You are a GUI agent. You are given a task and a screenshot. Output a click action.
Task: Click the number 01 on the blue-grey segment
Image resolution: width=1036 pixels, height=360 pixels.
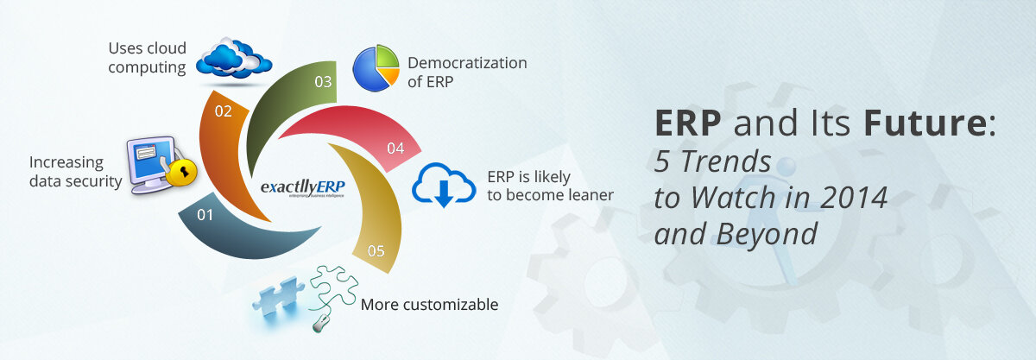(x=205, y=215)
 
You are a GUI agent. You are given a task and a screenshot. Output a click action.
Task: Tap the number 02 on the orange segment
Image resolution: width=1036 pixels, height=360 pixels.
(x=223, y=111)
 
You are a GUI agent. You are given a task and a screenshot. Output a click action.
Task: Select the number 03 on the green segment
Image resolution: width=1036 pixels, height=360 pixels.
(x=323, y=82)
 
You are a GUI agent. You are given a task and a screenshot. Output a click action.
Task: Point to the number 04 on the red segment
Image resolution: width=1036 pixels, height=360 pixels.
(x=395, y=148)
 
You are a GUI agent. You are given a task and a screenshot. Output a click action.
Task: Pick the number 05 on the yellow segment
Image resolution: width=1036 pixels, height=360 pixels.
(x=376, y=251)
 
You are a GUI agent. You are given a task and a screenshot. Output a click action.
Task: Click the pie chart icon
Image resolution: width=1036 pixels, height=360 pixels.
(x=376, y=67)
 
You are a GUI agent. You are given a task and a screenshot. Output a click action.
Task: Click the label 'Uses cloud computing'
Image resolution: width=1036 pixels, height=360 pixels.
(x=147, y=57)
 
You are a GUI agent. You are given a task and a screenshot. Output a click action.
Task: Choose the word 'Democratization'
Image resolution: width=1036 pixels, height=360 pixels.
(x=467, y=63)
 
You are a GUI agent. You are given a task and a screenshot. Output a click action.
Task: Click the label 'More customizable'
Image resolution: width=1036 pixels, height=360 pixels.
(x=429, y=304)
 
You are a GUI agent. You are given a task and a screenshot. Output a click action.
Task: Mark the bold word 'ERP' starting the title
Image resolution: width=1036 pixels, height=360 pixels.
(x=688, y=124)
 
